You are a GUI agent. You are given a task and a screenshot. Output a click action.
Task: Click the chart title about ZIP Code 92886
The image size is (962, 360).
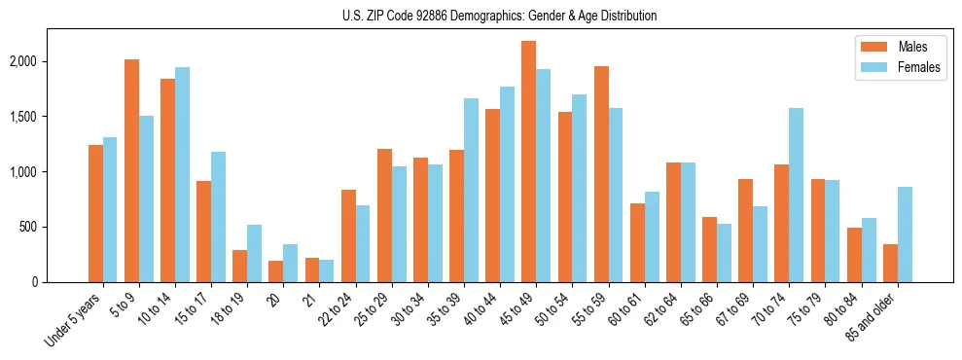click(499, 16)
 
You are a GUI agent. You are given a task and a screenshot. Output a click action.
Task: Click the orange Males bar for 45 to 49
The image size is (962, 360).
click(528, 162)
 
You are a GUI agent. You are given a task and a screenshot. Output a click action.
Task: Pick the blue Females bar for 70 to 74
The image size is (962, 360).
click(796, 195)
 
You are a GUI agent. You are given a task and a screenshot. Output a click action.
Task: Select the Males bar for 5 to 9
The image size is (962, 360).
click(131, 170)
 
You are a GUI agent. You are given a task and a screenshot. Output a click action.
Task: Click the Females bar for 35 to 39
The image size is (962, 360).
click(471, 190)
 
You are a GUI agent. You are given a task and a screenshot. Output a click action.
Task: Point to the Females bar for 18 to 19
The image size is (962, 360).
click(254, 253)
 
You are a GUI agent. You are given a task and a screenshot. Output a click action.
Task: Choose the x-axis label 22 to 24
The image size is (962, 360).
click(340, 310)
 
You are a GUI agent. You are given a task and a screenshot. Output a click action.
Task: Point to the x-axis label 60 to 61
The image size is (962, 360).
click(629, 310)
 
